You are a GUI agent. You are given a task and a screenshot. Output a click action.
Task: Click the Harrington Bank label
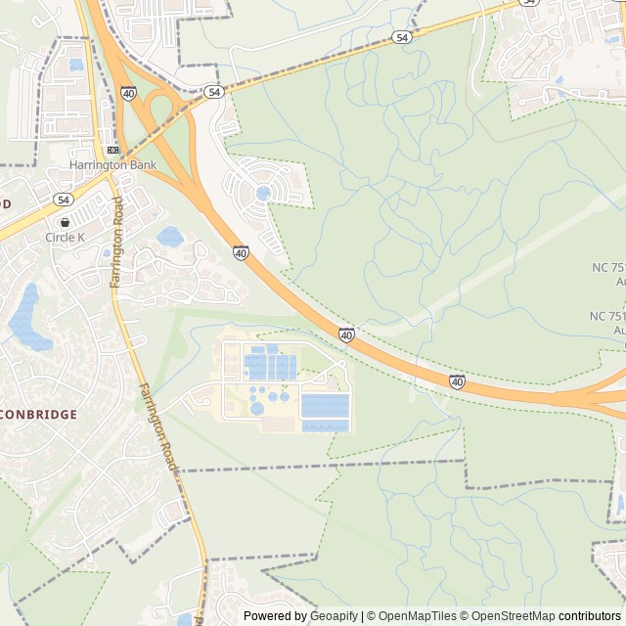click(x=112, y=165)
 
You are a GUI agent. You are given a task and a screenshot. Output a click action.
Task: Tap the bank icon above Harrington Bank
click(x=112, y=150)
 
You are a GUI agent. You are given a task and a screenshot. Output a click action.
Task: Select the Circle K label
click(x=66, y=237)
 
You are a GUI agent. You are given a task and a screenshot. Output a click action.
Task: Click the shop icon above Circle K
click(x=65, y=222)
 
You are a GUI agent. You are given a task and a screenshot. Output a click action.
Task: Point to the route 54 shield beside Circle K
click(x=64, y=199)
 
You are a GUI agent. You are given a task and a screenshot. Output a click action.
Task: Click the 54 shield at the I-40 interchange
click(x=214, y=91)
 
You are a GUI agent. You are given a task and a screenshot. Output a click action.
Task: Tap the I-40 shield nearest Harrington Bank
click(x=129, y=93)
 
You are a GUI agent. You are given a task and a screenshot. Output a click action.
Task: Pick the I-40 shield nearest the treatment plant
click(x=346, y=335)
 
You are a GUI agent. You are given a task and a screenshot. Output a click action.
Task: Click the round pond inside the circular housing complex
click(x=263, y=194)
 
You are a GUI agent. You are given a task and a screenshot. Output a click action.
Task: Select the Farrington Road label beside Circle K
click(x=116, y=241)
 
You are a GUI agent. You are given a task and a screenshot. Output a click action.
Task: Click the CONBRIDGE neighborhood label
click(x=38, y=415)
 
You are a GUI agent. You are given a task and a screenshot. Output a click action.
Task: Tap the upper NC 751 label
click(x=607, y=268)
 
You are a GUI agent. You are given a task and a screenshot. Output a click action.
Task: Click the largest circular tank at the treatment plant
click(x=256, y=408)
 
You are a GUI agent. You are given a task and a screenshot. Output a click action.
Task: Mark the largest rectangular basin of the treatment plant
click(x=325, y=404)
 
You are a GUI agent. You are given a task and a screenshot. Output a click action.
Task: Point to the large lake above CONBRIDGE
click(x=28, y=320)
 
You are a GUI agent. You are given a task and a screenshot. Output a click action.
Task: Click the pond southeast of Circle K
click(x=170, y=236)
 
